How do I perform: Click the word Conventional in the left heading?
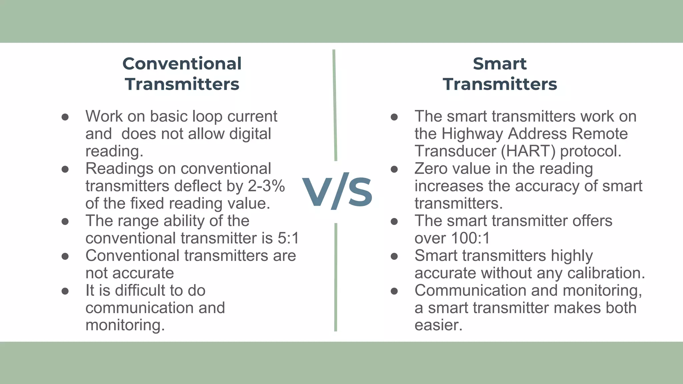[x=182, y=64]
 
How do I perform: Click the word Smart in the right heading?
[x=500, y=64]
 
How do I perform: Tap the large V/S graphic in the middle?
[x=337, y=191]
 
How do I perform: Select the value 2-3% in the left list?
[x=266, y=186]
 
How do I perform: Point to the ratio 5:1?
[x=288, y=238]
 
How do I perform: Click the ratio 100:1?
[x=470, y=238]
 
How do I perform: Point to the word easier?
[x=438, y=325]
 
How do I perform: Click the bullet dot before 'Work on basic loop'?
[x=65, y=117]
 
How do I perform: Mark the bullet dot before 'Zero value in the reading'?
[x=394, y=169]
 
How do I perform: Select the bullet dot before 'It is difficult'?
[x=65, y=291]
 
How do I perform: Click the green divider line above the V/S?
[x=335, y=105]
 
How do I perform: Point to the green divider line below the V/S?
[x=335, y=277]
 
